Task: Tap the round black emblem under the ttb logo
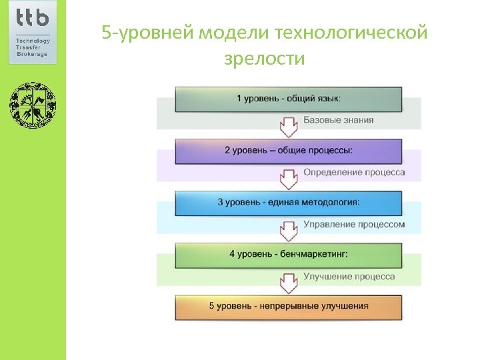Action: tap(33, 105)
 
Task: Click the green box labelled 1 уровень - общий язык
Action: tap(288, 99)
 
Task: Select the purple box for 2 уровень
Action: tap(288, 151)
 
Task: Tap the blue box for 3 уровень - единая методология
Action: tap(288, 202)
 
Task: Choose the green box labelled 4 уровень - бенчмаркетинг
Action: tap(288, 255)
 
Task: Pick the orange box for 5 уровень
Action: tap(288, 307)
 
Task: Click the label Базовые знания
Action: tap(339, 121)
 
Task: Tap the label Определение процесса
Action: tap(354, 173)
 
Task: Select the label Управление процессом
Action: tap(354, 225)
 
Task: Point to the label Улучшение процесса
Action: tap(349, 277)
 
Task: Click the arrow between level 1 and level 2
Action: tap(288, 125)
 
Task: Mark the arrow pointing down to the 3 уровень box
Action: tap(288, 177)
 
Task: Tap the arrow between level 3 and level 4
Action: tap(288, 229)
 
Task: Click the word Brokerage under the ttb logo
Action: tap(31, 53)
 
